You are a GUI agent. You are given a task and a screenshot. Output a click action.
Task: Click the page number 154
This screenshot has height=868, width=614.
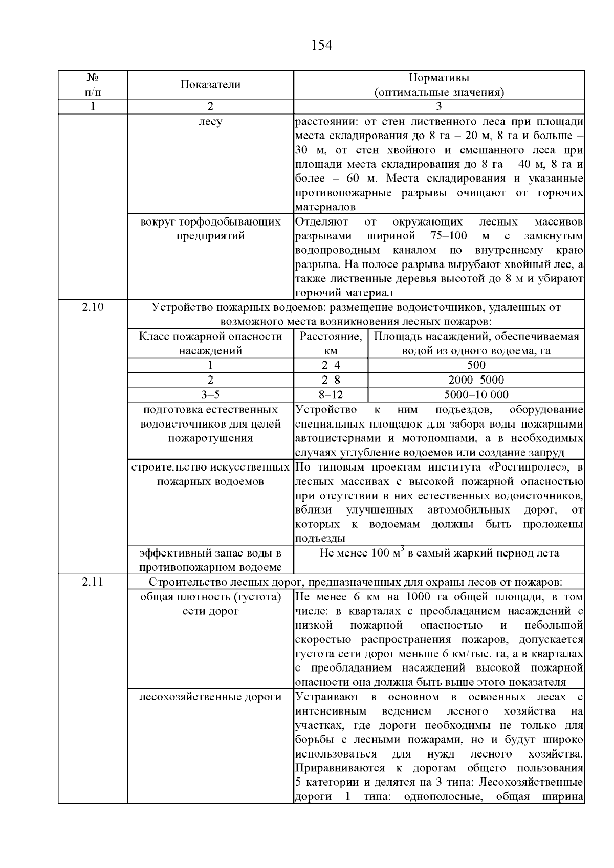pos(321,46)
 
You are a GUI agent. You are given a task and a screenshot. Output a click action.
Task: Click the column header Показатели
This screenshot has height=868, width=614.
pos(210,85)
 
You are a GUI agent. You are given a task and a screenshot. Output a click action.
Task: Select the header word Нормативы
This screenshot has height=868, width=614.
pos(438,78)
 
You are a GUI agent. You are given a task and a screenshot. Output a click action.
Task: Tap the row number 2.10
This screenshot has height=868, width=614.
pos(93,307)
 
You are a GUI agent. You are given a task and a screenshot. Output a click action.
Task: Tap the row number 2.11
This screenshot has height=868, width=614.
pos(93,582)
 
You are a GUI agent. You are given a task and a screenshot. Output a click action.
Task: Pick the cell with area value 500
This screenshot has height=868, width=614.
pos(476,365)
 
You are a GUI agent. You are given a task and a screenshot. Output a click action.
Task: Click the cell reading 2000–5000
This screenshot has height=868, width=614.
pos(476,380)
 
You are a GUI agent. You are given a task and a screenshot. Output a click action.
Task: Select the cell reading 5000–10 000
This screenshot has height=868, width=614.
pos(476,394)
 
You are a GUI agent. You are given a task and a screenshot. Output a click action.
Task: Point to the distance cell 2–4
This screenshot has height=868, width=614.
pos(331,365)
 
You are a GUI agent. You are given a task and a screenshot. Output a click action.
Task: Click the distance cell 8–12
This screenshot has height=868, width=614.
pos(331,394)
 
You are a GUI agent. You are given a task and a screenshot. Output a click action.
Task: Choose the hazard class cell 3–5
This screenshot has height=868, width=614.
pos(210,394)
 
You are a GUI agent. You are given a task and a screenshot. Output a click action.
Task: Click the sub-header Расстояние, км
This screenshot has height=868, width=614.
pos(331,343)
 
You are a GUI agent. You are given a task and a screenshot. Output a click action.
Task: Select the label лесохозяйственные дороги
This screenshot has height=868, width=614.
pos(210,697)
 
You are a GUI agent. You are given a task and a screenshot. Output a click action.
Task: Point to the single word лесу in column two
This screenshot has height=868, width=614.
pos(210,122)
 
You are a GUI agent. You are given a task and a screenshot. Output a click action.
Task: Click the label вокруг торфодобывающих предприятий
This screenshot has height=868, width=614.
pos(210,229)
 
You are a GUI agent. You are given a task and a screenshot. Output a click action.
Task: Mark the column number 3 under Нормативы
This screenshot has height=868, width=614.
pos(438,106)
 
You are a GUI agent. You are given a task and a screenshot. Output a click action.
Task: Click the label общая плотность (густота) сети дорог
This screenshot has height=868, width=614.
pos(210,604)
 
